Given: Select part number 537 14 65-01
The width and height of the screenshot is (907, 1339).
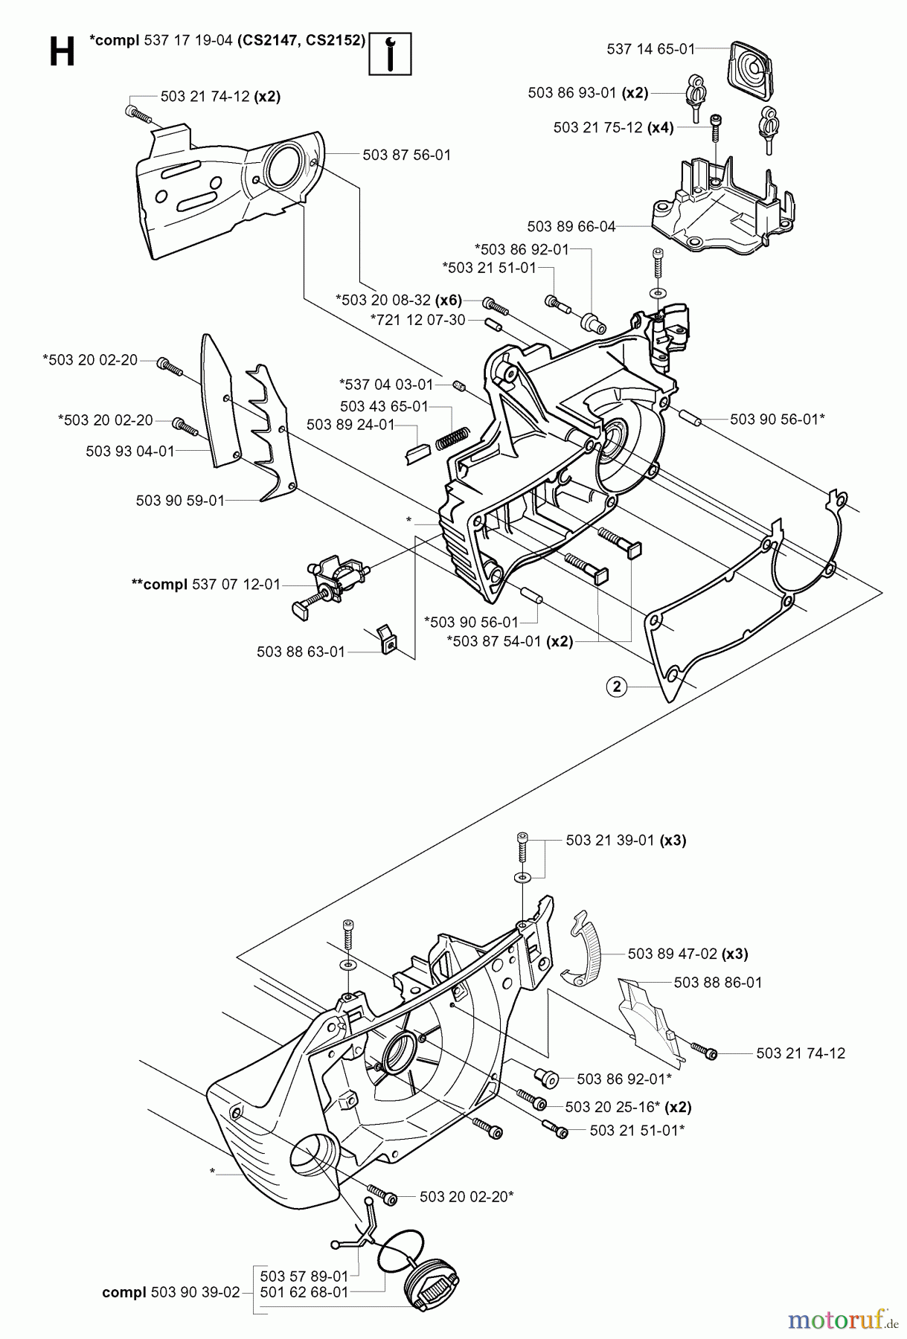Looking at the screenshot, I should [650, 49].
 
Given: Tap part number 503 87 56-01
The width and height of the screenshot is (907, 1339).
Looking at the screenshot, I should [406, 155].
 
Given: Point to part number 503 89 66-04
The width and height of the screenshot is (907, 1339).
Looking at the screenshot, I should [571, 226].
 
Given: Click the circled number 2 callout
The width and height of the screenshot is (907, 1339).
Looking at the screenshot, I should [616, 687].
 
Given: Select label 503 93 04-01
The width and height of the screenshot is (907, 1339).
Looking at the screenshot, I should [130, 451].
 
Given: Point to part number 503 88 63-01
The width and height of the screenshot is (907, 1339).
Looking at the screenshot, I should [301, 652].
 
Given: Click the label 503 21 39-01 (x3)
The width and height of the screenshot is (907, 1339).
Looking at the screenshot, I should [626, 840].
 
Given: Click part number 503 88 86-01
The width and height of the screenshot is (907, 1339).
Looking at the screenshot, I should [717, 982].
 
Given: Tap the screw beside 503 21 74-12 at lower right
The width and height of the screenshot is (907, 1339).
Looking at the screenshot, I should [702, 1050].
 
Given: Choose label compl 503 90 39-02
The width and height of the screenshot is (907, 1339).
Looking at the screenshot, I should [170, 1292].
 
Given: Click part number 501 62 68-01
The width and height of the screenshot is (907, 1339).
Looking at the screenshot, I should [304, 1292].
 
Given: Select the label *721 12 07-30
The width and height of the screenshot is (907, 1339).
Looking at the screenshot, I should [417, 320].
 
